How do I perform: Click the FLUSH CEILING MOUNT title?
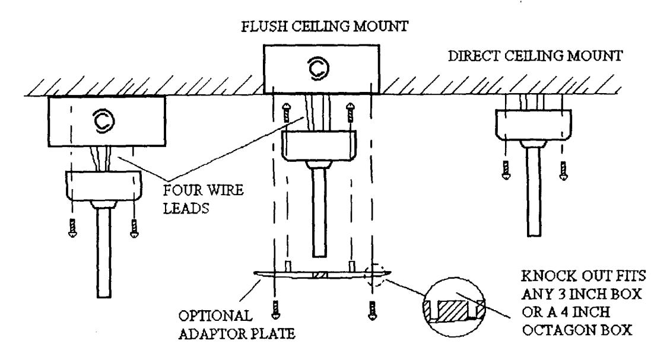325,27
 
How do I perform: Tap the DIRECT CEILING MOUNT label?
535,56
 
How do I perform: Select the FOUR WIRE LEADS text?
204,199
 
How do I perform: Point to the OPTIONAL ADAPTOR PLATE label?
237,324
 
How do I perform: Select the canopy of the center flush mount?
320,146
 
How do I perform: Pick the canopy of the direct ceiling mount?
534,125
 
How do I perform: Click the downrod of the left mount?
104,252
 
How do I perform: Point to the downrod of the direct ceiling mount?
534,191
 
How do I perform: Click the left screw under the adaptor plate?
276,310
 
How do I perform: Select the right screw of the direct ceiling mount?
564,170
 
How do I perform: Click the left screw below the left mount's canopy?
72,228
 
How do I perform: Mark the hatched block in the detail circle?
454,310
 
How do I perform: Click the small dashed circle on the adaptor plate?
374,274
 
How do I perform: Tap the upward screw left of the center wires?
286,113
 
